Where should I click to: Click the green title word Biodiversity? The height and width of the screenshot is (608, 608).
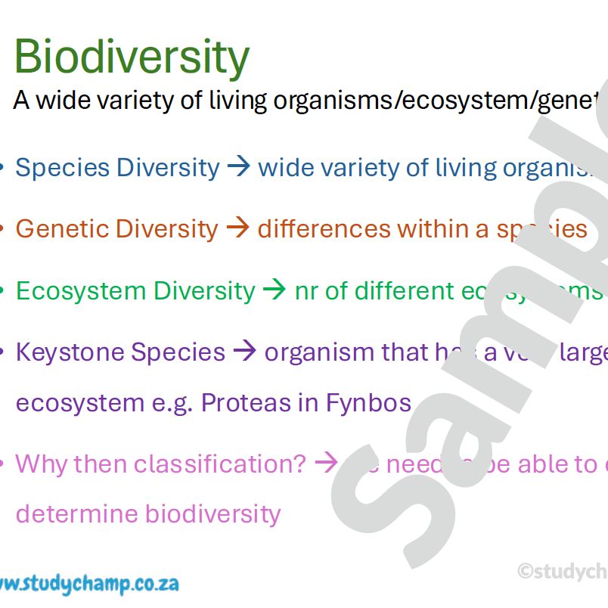(132, 57)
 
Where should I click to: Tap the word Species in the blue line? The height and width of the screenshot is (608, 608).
(62, 167)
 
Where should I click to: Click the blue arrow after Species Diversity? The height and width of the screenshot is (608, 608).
(239, 167)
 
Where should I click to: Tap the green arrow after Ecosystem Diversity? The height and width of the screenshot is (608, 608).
(275, 290)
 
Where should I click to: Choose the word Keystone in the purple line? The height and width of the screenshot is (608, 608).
(69, 352)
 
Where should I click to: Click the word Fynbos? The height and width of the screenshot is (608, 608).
(368, 402)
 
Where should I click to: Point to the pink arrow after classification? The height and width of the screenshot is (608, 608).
(326, 463)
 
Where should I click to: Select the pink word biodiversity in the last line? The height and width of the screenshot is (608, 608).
(212, 513)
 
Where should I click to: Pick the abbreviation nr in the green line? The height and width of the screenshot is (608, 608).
(306, 291)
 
